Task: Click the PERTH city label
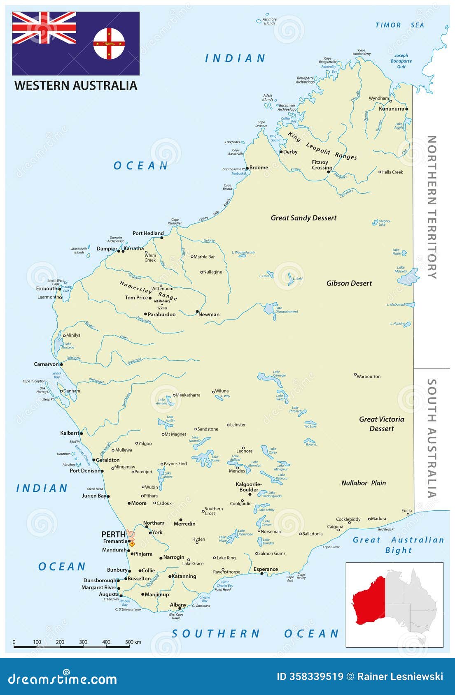pyautogui.click(x=113, y=534)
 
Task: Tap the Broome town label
pyautogui.click(x=259, y=167)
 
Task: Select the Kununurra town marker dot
pyautogui.click(x=406, y=109)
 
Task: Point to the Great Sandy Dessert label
pyautogui.click(x=303, y=218)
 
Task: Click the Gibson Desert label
pyautogui.click(x=349, y=283)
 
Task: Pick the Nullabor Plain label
pyautogui.click(x=364, y=483)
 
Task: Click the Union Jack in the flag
pyautogui.click(x=44, y=28)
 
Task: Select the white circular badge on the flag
pyautogui.click(x=109, y=44)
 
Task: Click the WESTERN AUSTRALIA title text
pyautogui.click(x=76, y=86)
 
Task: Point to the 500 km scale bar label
pyautogui.click(x=133, y=642)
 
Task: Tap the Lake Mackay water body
pyautogui.click(x=408, y=278)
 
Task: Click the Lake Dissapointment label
pyautogui.click(x=286, y=310)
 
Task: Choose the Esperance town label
pyautogui.click(x=266, y=569)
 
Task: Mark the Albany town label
pyautogui.click(x=178, y=605)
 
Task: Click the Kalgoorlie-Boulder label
pyautogui.click(x=249, y=487)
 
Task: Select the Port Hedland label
pyautogui.click(x=148, y=233)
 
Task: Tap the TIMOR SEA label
pyautogui.click(x=399, y=25)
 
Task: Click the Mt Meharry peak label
pyautogui.click(x=162, y=301)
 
